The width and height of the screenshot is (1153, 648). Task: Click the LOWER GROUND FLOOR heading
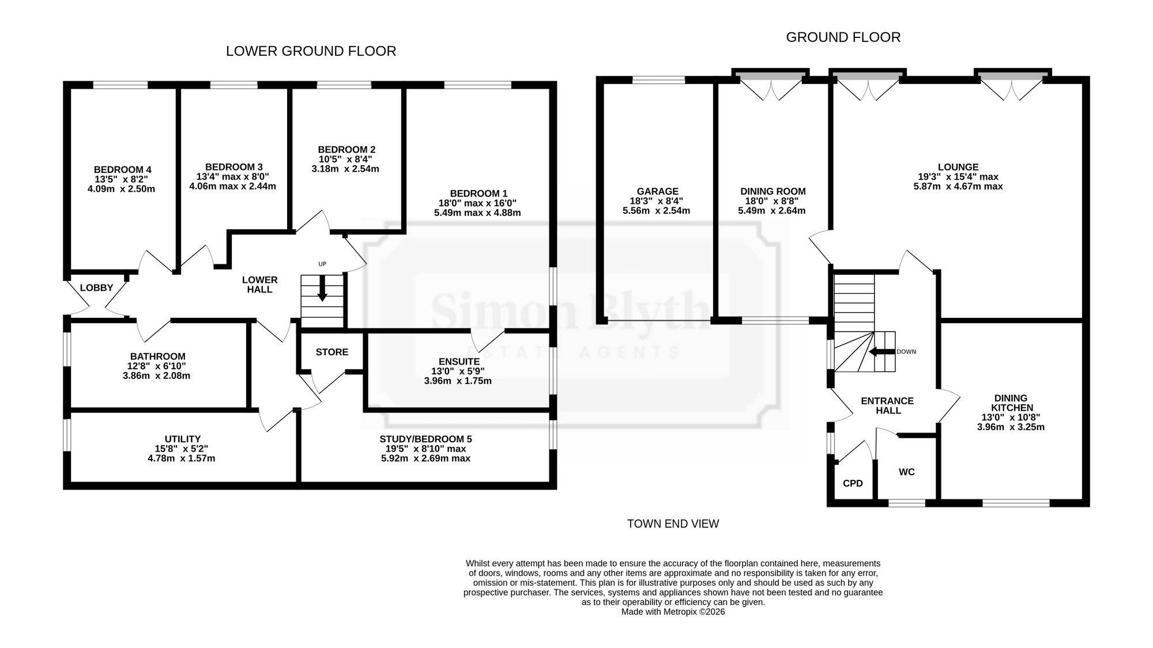[x=311, y=51]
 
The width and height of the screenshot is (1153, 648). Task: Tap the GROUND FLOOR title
[x=843, y=37]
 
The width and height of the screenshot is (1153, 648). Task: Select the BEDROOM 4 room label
[x=123, y=169]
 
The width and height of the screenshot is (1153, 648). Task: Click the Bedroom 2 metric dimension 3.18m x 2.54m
[x=345, y=169]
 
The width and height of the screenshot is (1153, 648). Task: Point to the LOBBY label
[x=96, y=287]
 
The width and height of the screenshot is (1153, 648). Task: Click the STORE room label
[x=332, y=352]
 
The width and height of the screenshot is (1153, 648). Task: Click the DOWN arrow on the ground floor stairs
[x=881, y=352]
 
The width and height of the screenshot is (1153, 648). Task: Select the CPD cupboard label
[x=853, y=483]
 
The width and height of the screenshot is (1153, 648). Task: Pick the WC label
[x=907, y=472]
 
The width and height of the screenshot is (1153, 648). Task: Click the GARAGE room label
[x=658, y=191]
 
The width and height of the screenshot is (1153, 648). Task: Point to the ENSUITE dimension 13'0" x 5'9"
[x=458, y=372]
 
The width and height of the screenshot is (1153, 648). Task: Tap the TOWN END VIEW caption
[x=673, y=524]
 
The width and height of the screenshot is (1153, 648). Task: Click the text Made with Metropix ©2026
[x=673, y=612]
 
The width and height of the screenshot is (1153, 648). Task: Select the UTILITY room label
[x=183, y=439]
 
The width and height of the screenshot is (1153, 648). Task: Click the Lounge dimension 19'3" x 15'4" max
[x=958, y=177]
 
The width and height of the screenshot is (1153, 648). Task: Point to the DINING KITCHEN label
[x=1011, y=403]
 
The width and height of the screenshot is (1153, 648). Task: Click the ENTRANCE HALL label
[x=887, y=406]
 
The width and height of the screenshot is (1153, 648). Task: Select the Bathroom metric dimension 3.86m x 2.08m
[x=157, y=376]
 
